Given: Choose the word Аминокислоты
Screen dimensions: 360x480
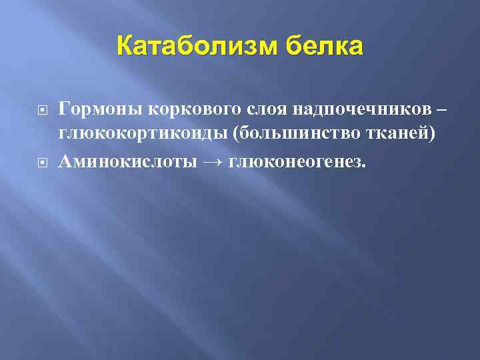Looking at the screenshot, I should pyautogui.click(x=127, y=162).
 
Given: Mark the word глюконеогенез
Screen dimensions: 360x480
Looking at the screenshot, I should pyautogui.click(x=295, y=162).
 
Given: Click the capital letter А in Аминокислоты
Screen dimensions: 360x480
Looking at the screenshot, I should pyautogui.click(x=65, y=162).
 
